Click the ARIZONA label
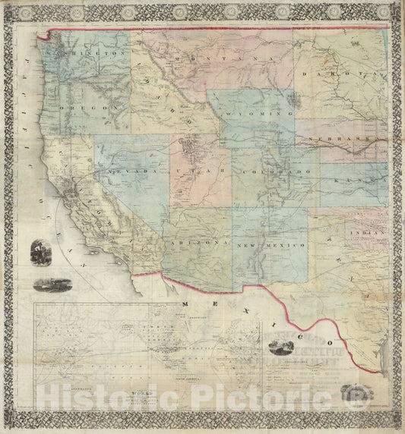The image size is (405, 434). (201, 242)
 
